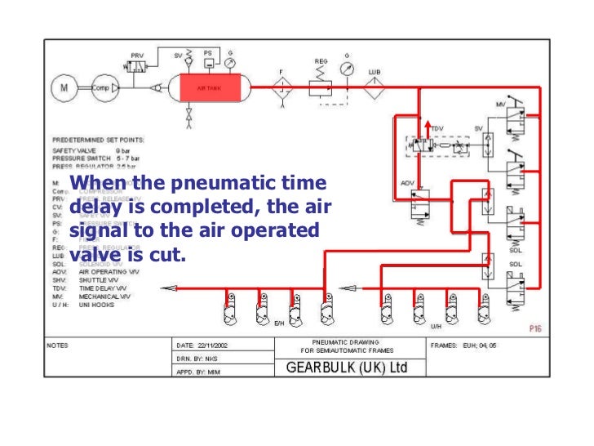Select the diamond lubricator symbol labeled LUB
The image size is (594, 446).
[x=375, y=91]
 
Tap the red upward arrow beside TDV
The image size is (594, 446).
[x=425, y=127]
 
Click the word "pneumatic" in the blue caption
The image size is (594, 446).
[x=211, y=184]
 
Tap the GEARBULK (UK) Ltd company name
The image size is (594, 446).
[x=346, y=368]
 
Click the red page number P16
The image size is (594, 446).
[x=535, y=328]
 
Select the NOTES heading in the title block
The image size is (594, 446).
[x=56, y=345]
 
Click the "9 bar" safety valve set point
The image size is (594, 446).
[x=124, y=151]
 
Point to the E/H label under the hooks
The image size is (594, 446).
[x=279, y=323]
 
